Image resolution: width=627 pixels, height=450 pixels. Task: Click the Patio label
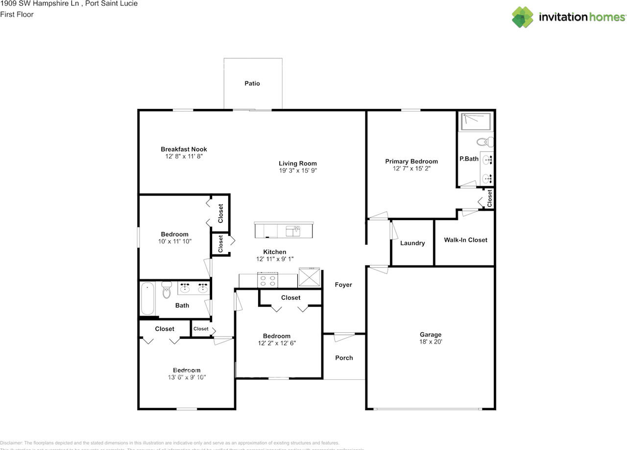252,83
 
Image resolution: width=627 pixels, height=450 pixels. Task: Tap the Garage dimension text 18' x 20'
431,342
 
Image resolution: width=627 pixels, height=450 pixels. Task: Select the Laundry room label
412,243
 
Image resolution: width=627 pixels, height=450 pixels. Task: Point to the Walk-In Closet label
465,240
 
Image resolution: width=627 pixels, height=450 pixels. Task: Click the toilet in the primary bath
485,142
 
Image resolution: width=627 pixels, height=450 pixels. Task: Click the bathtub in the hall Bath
148,299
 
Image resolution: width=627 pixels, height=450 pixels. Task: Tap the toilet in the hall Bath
166,290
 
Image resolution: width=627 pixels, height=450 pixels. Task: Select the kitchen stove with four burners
267,280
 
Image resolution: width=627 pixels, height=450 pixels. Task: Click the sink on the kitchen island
293,230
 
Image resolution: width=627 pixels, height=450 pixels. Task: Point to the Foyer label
343,285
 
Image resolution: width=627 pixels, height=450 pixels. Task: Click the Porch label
344,358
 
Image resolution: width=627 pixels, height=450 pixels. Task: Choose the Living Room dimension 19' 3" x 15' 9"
298,171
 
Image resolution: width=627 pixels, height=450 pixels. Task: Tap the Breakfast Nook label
184,149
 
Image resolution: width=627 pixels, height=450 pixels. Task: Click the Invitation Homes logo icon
523,17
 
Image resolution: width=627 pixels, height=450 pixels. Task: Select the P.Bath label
469,159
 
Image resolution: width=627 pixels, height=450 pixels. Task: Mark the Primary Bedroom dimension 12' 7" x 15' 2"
411,168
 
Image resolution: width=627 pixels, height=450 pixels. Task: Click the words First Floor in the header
17,14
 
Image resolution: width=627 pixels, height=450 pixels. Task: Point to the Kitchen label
275,252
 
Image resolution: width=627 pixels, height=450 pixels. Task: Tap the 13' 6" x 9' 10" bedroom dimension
187,377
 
